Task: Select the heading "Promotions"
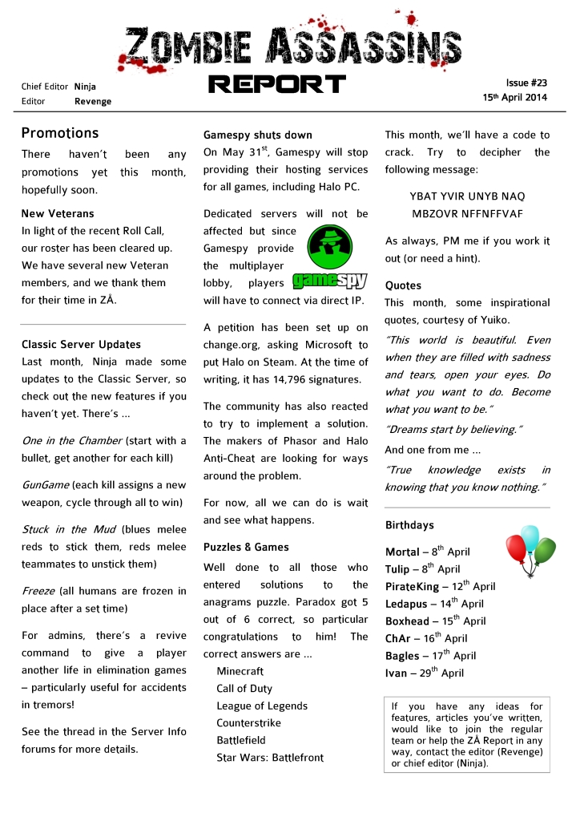coord(60,133)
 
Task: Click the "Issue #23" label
coord(526,83)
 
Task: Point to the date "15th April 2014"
coord(514,97)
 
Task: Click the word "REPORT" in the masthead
coord(276,84)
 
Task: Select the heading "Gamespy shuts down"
coord(258,135)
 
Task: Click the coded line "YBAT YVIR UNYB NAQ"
coord(467,196)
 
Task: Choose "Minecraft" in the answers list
coord(240,671)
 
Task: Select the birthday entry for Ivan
coord(425,673)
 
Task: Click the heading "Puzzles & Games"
coord(246,548)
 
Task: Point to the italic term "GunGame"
coord(45,486)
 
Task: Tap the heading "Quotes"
coord(403,285)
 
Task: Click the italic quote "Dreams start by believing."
coord(450,430)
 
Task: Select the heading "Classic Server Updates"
coord(81,345)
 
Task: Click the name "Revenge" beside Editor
coord(93,102)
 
